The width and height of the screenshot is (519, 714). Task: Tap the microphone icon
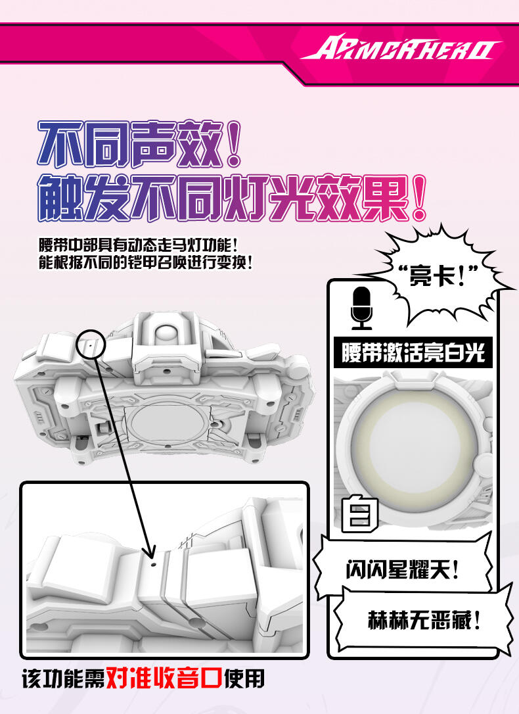click(x=361, y=308)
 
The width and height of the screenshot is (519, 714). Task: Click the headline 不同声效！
click(x=139, y=145)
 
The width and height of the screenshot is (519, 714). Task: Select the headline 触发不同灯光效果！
click(x=232, y=198)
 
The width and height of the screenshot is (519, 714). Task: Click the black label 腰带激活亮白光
click(x=413, y=352)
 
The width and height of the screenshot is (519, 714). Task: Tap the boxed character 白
click(x=360, y=513)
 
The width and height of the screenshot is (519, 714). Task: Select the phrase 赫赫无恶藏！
click(x=424, y=620)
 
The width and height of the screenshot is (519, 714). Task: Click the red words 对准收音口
click(x=164, y=678)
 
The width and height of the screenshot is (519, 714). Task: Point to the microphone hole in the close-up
click(x=153, y=564)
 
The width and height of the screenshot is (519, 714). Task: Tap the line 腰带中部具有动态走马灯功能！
click(x=138, y=245)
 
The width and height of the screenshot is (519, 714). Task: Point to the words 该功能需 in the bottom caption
click(x=63, y=679)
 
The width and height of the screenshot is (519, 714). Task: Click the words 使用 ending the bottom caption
click(x=244, y=679)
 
